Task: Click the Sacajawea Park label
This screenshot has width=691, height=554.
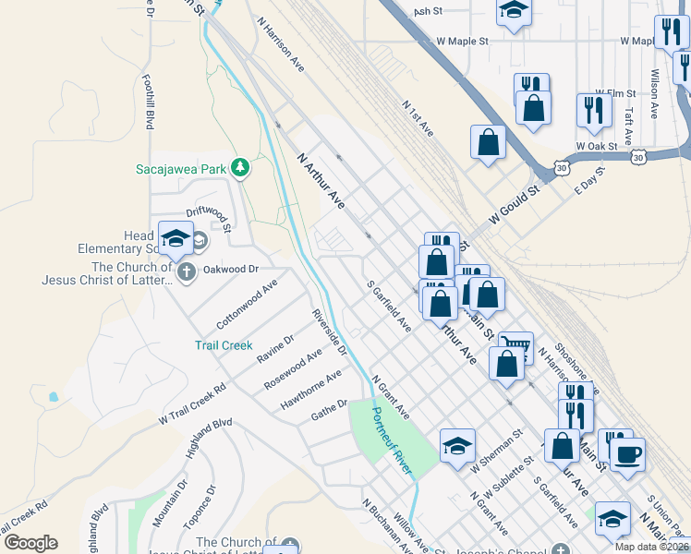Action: click(180, 169)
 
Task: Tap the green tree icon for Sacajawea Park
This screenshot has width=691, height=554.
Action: click(240, 167)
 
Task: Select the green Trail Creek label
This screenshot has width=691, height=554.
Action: click(223, 345)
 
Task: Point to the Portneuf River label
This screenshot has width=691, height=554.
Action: click(392, 441)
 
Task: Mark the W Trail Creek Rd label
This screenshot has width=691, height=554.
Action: click(192, 405)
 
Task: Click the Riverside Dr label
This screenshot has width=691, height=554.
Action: click(330, 332)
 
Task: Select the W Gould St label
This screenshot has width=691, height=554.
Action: click(514, 203)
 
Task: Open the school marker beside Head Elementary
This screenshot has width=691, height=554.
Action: click(175, 239)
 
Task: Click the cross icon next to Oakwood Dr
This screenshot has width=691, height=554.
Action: click(186, 271)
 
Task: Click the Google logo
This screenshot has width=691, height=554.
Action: click(30, 543)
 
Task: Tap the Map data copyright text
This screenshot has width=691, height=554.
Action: click(652, 547)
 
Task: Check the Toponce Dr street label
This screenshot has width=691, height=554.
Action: click(200, 507)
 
